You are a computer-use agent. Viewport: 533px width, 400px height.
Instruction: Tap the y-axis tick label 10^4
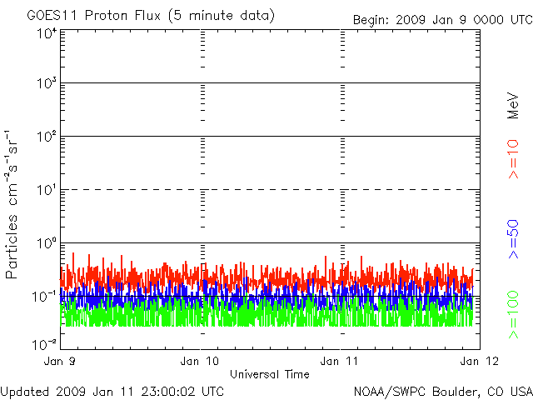pyautogui.click(x=46, y=34)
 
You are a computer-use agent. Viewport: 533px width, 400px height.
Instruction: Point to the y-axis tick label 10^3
pyautogui.click(x=46, y=86)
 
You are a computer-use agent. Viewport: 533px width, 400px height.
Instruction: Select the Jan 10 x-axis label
pyautogui.click(x=201, y=361)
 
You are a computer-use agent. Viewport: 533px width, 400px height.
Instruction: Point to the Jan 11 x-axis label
pyautogui.click(x=341, y=361)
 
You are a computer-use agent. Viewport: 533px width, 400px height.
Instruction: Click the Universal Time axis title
pyautogui.click(x=270, y=374)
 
